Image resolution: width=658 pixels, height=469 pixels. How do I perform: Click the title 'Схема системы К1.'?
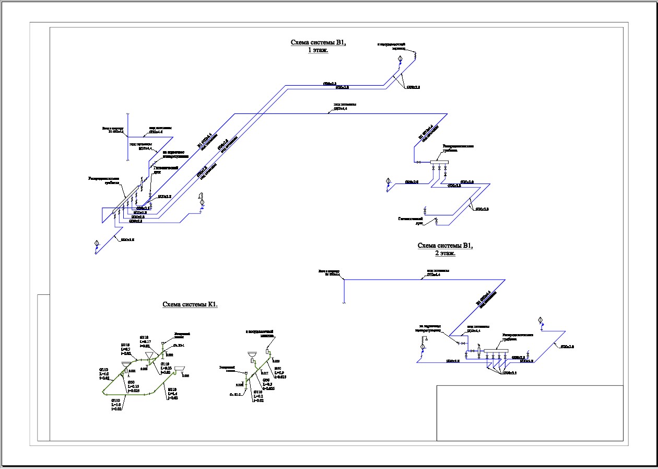click(190, 304)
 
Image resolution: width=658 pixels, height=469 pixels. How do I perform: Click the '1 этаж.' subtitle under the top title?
click(318, 50)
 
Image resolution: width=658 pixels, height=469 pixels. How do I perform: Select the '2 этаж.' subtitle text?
click(445, 253)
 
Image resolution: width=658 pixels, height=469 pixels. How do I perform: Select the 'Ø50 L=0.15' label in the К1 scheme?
click(134, 386)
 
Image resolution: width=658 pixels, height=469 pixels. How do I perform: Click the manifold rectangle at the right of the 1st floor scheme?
click(440, 162)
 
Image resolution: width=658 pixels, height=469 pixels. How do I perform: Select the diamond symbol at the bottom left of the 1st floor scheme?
click(96, 243)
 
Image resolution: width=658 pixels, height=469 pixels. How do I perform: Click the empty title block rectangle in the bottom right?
click(530, 413)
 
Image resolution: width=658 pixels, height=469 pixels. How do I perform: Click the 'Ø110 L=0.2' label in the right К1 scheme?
click(258, 395)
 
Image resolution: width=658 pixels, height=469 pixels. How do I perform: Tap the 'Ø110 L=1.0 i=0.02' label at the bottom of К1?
click(116, 405)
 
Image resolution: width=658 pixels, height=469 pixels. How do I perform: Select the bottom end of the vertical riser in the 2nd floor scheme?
click(344, 302)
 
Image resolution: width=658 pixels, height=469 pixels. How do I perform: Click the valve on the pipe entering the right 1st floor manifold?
click(419, 163)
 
